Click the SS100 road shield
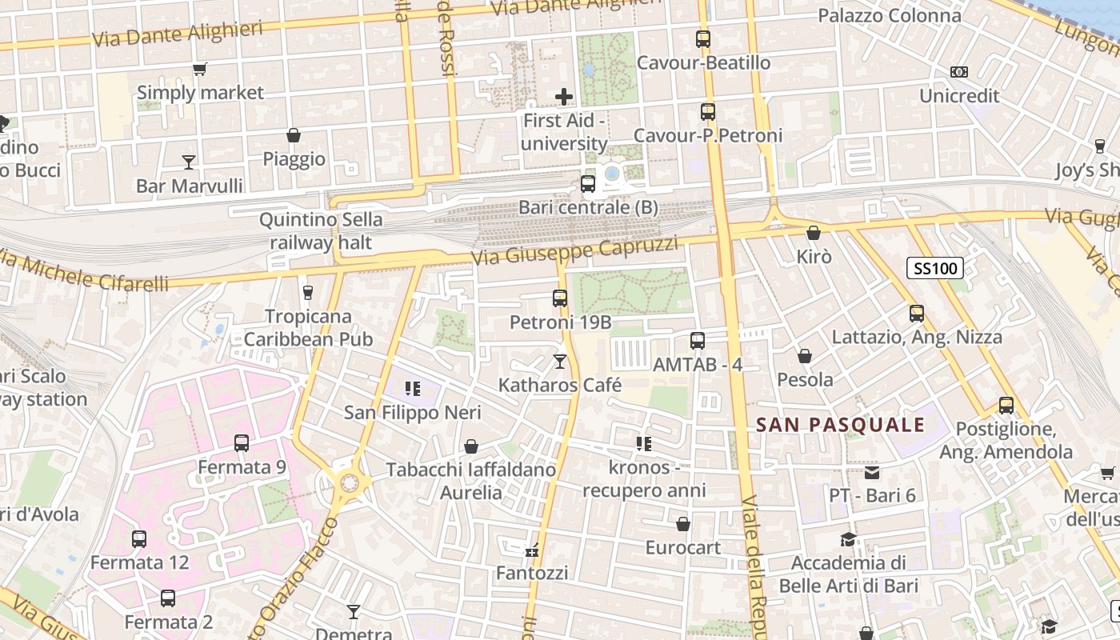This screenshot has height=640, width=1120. pyautogui.click(x=934, y=268)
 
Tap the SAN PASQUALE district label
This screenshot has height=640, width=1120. pyautogui.click(x=840, y=425)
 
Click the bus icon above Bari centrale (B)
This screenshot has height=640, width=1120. pyautogui.click(x=588, y=184)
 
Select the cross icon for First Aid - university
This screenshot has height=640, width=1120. pyautogui.click(x=564, y=98)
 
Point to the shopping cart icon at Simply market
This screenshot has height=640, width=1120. pyautogui.click(x=199, y=70)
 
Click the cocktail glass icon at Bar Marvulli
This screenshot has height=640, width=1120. pyautogui.click(x=189, y=162)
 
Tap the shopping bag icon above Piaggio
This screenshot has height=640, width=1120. pyautogui.click(x=294, y=135)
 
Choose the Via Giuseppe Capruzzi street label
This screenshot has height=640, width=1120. pyautogui.click(x=574, y=251)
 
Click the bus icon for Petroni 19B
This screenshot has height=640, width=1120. pyautogui.click(x=560, y=298)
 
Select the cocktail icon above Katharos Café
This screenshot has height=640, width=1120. pyautogui.click(x=560, y=362)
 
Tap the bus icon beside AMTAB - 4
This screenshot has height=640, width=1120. pyautogui.click(x=698, y=341)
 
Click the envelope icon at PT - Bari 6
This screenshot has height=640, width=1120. pyautogui.click(x=871, y=473)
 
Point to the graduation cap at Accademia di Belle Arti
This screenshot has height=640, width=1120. pyautogui.click(x=848, y=540)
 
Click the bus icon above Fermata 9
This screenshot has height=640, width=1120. pyautogui.click(x=242, y=442)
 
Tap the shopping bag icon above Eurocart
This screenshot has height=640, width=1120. pyautogui.click(x=683, y=524)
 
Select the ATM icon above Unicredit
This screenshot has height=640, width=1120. pyautogui.click(x=959, y=72)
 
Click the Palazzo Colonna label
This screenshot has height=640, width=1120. pyautogui.click(x=889, y=15)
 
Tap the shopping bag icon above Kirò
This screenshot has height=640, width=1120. pyautogui.click(x=814, y=233)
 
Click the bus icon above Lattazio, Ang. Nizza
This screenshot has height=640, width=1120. pyautogui.click(x=917, y=314)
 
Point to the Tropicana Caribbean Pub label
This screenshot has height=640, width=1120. pyautogui.click(x=308, y=328)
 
